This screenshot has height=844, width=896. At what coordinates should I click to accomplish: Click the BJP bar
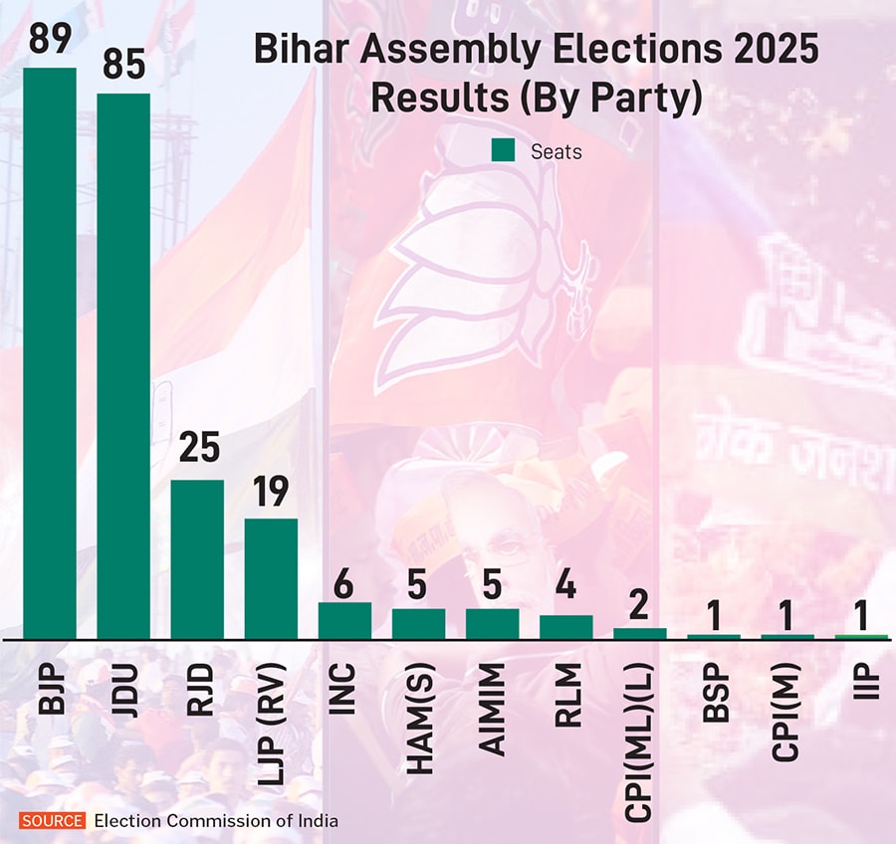[50, 353]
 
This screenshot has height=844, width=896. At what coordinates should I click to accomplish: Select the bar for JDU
[123, 366]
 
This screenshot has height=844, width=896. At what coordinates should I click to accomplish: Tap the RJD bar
[197, 559]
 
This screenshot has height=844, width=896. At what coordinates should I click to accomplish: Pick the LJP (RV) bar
[271, 578]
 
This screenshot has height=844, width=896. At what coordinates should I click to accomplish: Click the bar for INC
[344, 620]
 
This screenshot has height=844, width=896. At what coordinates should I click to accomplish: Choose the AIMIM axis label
[492, 701]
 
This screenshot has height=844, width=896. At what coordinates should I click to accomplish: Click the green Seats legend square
[503, 151]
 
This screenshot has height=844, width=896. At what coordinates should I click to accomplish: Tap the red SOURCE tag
[53, 821]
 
